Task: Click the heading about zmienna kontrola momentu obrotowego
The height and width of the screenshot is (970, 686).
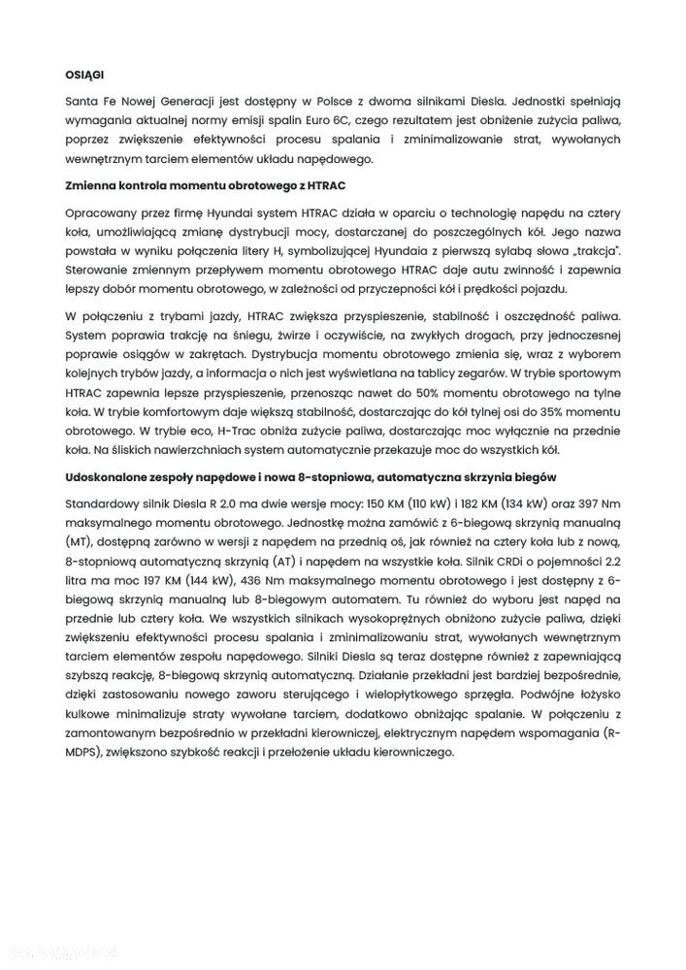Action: tap(205, 184)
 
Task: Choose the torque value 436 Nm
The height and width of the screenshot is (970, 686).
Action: tap(261, 589)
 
